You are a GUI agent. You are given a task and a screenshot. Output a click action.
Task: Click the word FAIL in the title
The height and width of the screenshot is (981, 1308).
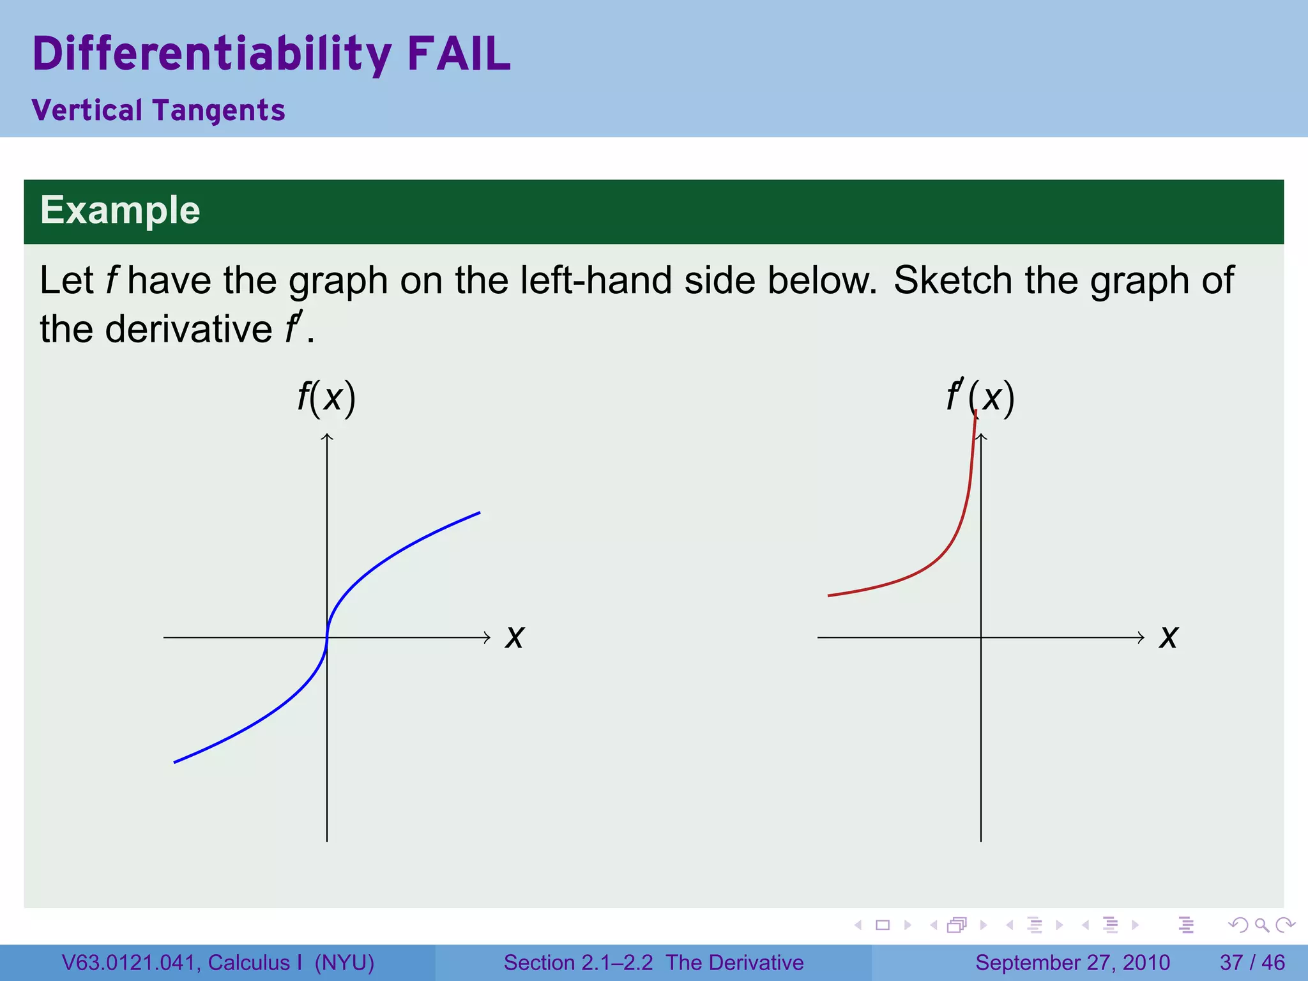coord(459,54)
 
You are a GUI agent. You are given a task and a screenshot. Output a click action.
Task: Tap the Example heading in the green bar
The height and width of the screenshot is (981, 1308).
coord(120,210)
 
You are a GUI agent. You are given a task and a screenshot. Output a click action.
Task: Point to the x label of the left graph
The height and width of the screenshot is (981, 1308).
coord(514,637)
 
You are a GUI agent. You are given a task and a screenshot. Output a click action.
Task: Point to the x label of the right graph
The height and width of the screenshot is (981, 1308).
coord(1168,637)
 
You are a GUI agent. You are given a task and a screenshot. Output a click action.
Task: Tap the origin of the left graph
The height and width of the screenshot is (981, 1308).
coord(327,637)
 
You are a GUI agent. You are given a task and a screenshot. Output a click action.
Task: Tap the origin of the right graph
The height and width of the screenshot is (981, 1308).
coord(981,637)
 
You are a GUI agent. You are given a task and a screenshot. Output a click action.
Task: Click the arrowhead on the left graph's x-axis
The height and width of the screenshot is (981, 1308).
coord(487,637)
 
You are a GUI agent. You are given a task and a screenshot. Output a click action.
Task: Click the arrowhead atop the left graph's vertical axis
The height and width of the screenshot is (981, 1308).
coord(327,437)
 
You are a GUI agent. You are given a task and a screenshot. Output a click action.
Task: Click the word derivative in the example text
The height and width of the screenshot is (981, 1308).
coord(188,330)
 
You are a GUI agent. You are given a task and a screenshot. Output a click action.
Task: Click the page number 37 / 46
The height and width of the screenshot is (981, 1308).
coord(1252,962)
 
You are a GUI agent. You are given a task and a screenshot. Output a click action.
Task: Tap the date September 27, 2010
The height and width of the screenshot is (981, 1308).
coord(1072,962)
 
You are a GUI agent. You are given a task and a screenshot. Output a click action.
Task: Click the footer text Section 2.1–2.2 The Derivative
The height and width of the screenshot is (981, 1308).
coord(653,962)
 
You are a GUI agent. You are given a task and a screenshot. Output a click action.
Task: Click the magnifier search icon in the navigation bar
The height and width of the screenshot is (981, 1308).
coord(1262,925)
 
